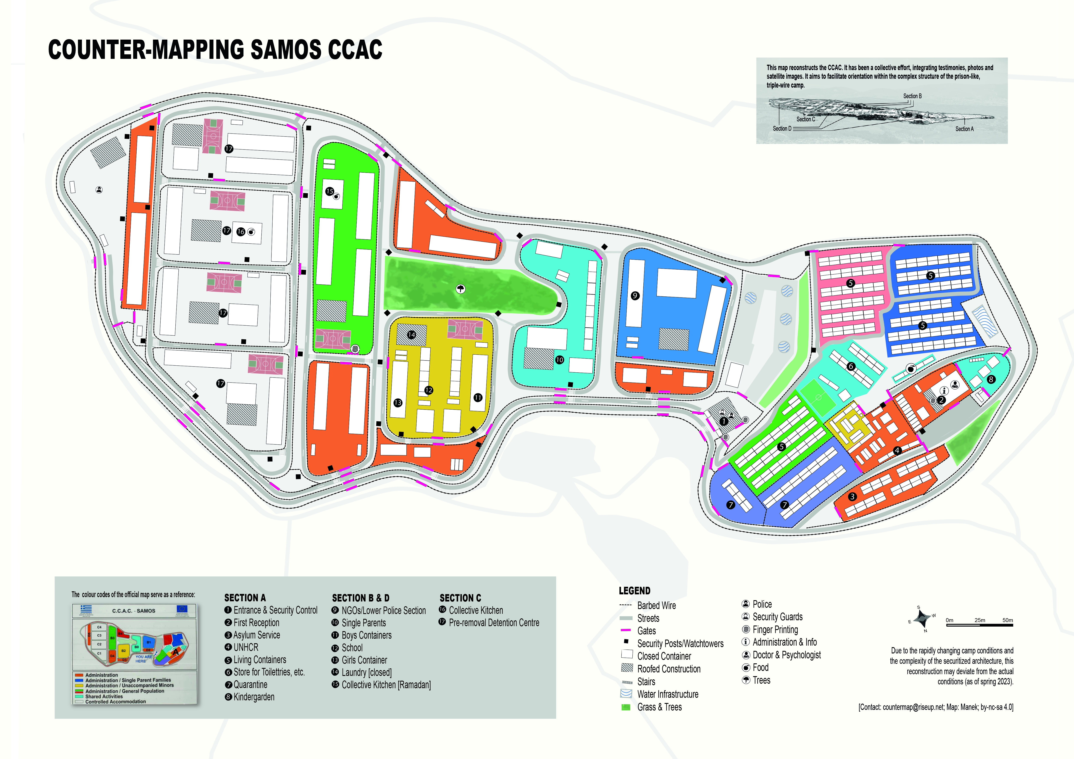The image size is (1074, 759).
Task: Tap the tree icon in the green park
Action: tap(461, 289)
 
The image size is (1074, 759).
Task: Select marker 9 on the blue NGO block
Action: tap(635, 295)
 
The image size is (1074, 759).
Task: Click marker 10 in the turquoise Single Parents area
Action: tap(559, 360)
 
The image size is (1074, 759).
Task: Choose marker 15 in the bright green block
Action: tap(330, 191)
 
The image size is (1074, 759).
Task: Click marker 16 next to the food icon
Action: tap(241, 231)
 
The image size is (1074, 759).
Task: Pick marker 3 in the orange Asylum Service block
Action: tap(852, 496)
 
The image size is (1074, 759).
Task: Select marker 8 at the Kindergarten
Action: tap(991, 379)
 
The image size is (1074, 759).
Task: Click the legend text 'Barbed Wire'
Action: tap(656, 606)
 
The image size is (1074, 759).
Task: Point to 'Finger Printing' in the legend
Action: tap(775, 630)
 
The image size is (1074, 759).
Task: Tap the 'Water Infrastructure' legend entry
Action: tap(667, 695)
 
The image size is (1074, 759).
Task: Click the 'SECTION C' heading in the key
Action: tap(460, 598)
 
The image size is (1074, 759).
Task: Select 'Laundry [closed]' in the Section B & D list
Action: tap(366, 672)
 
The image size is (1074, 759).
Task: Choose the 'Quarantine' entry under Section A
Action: tap(250, 685)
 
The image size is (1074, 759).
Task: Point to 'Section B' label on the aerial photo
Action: tap(912, 96)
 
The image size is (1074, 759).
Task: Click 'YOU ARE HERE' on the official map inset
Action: tap(144, 659)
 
